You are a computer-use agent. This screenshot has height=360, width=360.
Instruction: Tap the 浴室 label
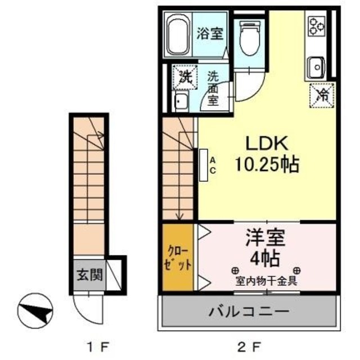click(x=210, y=34)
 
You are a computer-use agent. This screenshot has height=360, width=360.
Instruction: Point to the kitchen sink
click(x=316, y=67)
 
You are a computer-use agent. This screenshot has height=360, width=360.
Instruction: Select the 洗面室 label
click(x=213, y=87)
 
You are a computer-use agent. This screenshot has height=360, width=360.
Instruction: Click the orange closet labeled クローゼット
click(x=177, y=258)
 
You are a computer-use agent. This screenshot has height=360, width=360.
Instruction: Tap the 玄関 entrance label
click(x=89, y=275)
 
